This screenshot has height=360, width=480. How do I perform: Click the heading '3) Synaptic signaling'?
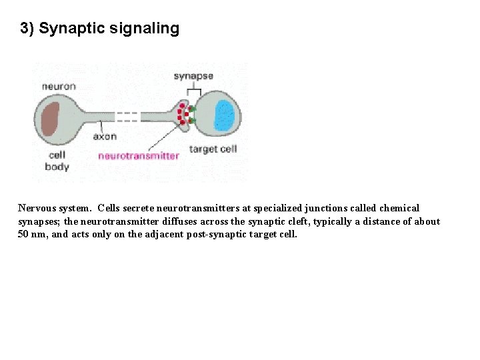point(100,29)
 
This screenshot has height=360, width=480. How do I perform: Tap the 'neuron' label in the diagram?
point(59,86)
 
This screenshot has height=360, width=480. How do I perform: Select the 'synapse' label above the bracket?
point(193,76)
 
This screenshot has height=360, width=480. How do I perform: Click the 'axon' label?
point(105,137)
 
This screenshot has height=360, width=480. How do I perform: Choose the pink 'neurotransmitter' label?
point(139,156)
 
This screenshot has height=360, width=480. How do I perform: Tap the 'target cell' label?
point(213,149)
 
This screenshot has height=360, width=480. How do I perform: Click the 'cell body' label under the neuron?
point(57,161)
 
